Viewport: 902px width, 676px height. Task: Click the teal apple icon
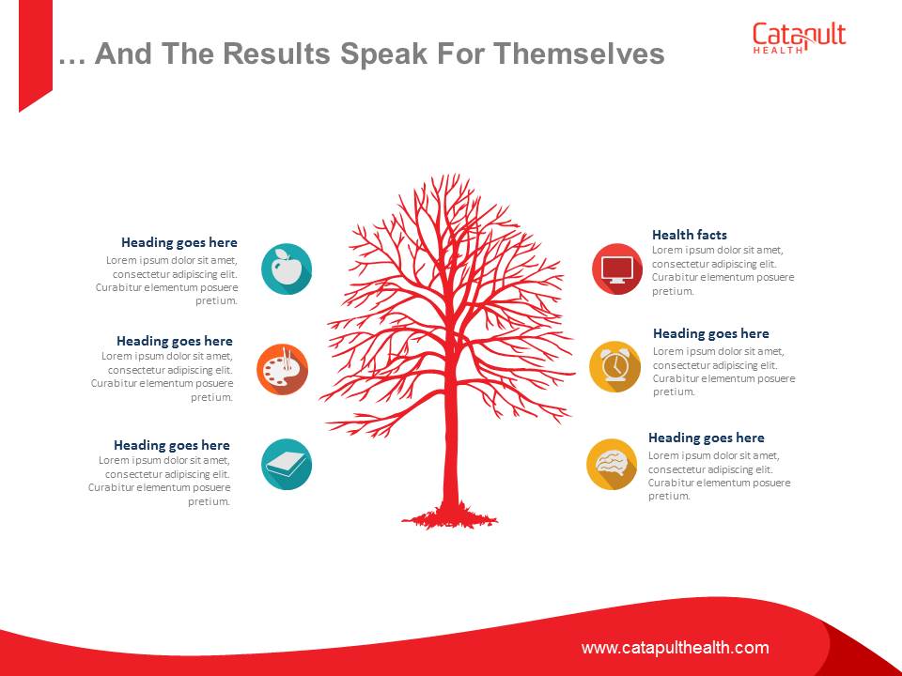click(x=287, y=269)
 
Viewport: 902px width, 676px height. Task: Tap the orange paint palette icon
click(x=282, y=370)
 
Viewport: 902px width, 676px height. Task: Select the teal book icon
click(x=287, y=465)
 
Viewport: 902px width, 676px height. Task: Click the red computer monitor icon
click(x=617, y=269)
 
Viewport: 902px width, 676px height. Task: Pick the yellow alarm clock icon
click(x=614, y=367)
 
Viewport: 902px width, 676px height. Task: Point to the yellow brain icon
click(x=612, y=465)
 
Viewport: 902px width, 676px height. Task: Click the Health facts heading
click(x=689, y=235)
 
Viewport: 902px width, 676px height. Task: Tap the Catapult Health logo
click(x=799, y=38)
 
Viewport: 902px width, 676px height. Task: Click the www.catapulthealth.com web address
click(x=676, y=648)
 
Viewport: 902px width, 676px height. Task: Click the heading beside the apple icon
click(x=179, y=242)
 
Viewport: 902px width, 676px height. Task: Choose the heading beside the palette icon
click(x=175, y=341)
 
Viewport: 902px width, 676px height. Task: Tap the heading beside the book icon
click(x=171, y=445)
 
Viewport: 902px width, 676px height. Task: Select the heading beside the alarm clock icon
click(x=711, y=333)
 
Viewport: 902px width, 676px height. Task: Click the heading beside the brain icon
click(x=707, y=438)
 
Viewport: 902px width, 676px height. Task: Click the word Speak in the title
click(x=383, y=54)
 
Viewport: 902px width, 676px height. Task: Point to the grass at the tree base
click(x=450, y=517)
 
